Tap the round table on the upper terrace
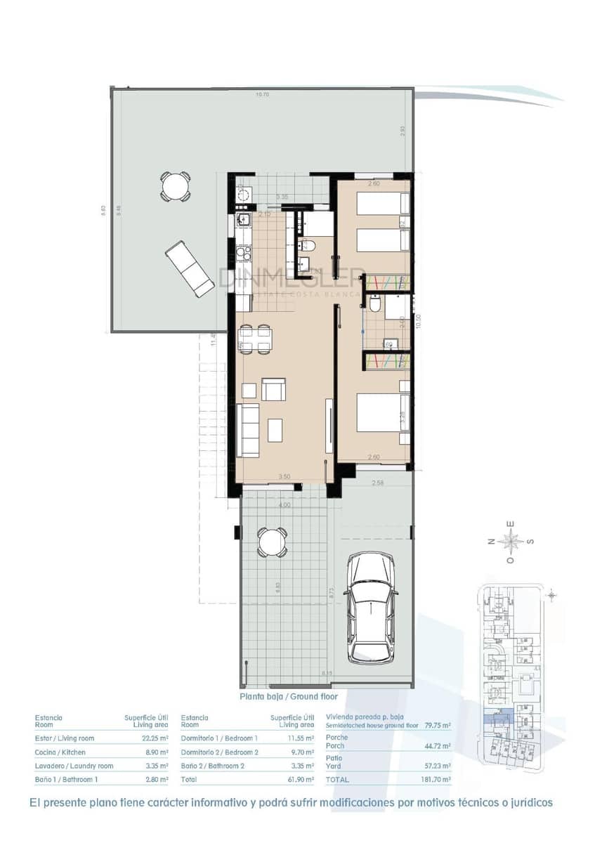point(175,186)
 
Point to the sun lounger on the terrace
point(190,268)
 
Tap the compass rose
point(512,541)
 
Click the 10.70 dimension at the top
point(262,94)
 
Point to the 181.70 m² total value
point(437,779)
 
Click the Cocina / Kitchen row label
point(60,752)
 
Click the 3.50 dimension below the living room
point(284,477)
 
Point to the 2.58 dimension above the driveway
point(377,483)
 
